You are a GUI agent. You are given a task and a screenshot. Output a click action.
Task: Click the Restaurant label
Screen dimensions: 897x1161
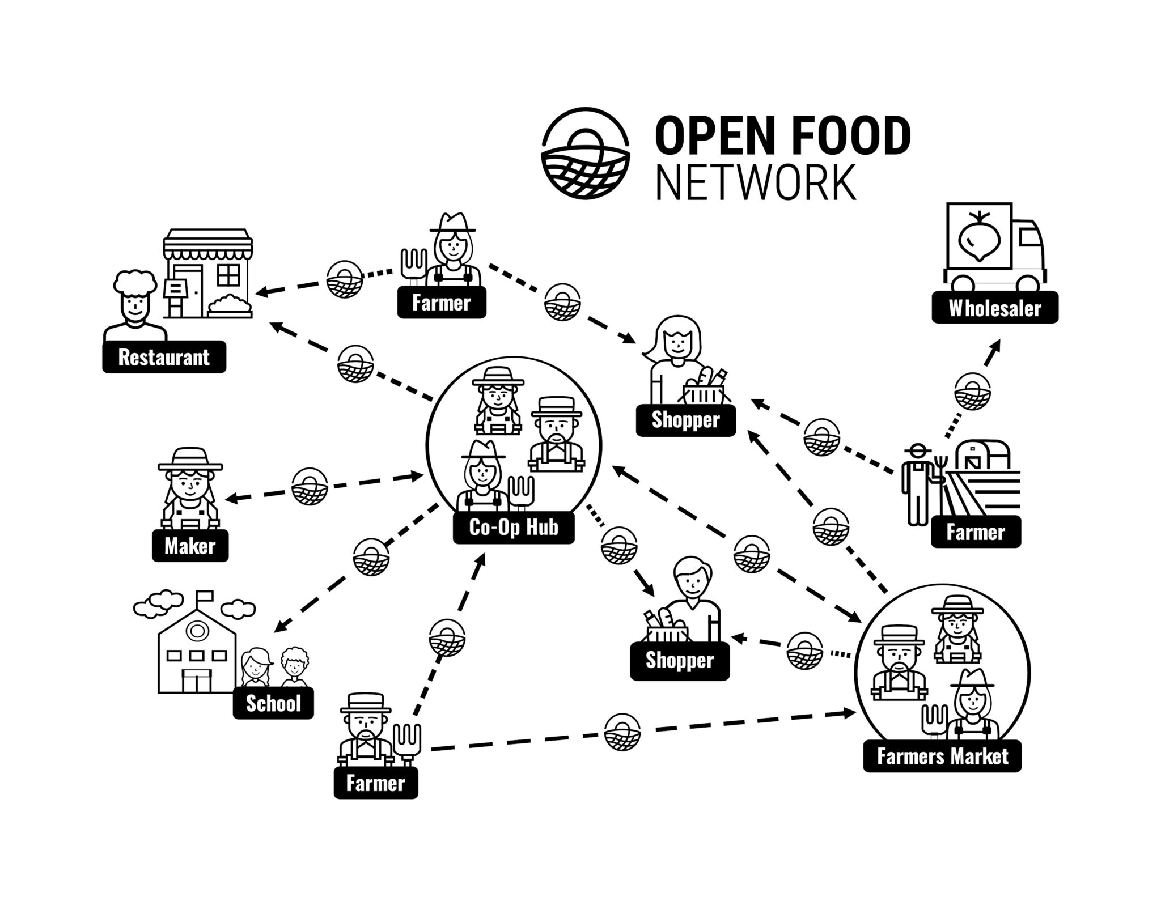click(164, 357)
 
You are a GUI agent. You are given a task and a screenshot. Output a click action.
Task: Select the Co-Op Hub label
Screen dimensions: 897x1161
click(514, 528)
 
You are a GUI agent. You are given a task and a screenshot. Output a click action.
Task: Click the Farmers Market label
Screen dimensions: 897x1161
click(942, 756)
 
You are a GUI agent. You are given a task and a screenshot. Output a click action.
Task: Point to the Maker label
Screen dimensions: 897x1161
click(190, 546)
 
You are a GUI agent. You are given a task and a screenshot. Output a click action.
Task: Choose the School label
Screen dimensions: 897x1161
click(273, 703)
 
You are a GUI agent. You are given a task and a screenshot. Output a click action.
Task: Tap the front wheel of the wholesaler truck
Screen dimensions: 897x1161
click(1028, 284)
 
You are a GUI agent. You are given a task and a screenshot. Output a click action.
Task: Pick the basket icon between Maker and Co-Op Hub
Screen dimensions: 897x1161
click(310, 486)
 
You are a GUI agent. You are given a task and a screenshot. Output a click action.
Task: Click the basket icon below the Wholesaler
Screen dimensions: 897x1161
click(972, 391)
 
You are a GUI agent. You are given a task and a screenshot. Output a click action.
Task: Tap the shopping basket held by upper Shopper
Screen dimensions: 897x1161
click(705, 390)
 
